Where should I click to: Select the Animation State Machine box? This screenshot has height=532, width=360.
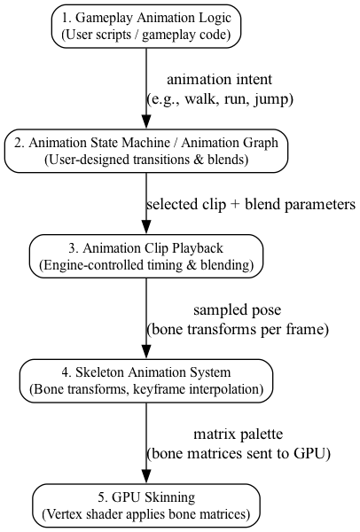(x=146, y=151)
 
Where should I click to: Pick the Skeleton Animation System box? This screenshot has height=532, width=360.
(x=146, y=380)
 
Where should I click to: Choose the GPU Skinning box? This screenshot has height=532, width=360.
(x=146, y=505)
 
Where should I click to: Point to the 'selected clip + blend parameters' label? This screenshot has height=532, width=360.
(x=250, y=204)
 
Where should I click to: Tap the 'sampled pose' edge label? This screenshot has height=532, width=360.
(x=237, y=310)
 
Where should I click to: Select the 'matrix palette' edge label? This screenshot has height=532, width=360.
(x=237, y=434)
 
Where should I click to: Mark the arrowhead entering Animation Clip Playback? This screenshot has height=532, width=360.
(x=146, y=228)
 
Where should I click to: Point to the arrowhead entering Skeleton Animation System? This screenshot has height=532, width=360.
(x=146, y=352)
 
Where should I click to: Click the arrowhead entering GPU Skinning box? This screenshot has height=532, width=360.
(x=146, y=477)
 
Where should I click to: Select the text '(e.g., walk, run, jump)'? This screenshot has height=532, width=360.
(x=219, y=98)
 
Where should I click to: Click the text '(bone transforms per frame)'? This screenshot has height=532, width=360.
(x=237, y=329)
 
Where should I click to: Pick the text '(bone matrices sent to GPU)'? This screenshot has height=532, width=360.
(x=237, y=453)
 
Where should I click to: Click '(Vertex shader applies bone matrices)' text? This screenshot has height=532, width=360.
(x=146, y=514)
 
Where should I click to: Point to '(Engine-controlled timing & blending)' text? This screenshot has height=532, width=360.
(x=146, y=265)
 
